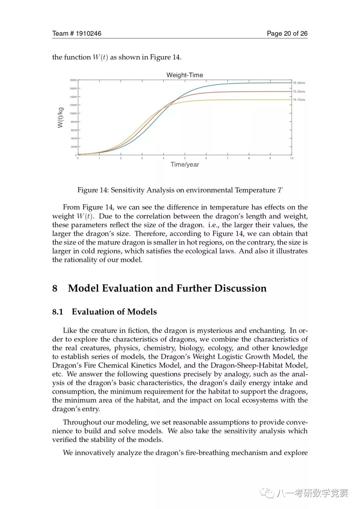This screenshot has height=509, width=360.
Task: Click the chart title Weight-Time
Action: click(185, 75)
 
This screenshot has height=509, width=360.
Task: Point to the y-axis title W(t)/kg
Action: click(60, 117)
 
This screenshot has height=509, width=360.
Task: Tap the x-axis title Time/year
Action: click(185, 164)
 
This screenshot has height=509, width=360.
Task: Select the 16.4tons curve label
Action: click(299, 83)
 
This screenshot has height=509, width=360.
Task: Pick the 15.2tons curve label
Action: click(299, 91)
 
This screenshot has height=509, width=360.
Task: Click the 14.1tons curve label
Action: click(299, 100)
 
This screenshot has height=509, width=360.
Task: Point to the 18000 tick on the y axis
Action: click(73, 80)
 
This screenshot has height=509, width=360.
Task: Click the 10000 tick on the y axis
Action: click(73, 113)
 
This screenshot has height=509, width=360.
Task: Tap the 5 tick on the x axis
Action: click(185, 158)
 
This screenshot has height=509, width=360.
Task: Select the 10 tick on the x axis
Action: click(291, 158)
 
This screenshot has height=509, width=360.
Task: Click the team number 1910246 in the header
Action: click(88, 33)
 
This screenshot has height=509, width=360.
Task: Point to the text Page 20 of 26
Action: click(287, 33)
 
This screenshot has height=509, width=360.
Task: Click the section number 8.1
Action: click(58, 312)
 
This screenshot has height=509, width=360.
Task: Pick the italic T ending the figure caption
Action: click(280, 190)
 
